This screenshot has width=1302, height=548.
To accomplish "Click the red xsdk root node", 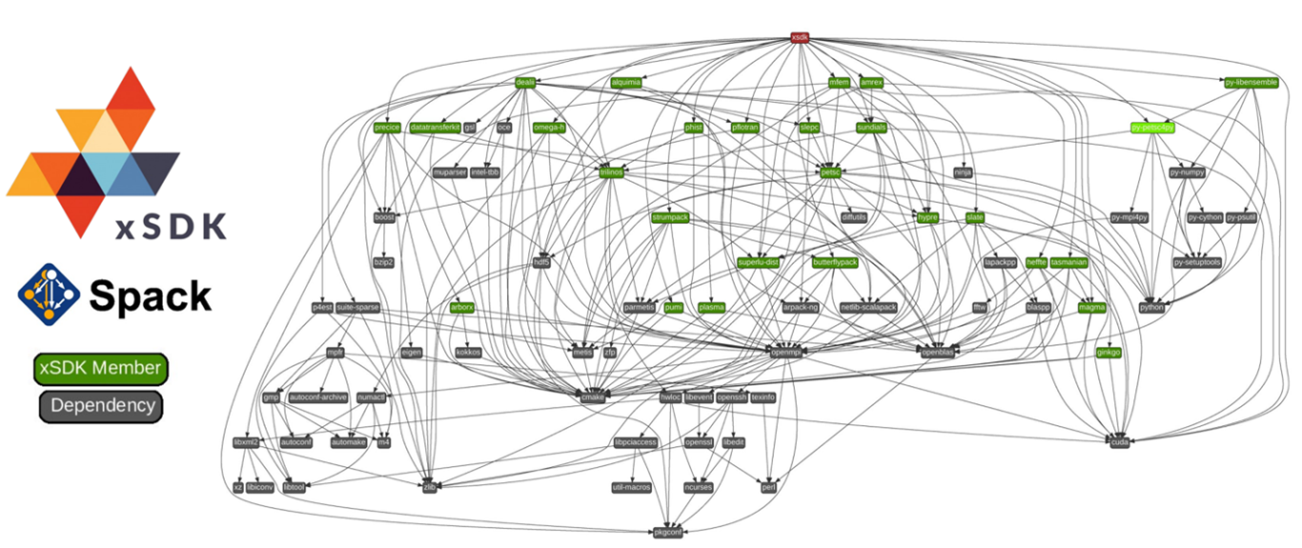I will (x=800, y=37).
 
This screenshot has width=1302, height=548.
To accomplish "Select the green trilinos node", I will (x=611, y=173).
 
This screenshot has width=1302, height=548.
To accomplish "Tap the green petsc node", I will (x=829, y=173).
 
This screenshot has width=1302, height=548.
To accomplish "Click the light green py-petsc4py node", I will (x=1152, y=127).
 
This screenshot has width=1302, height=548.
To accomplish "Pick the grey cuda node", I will (x=1120, y=442).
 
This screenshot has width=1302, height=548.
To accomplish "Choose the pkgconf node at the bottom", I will (x=667, y=531).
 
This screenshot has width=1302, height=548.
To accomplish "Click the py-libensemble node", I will (x=1251, y=83).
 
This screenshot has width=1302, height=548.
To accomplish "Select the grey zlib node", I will (x=429, y=487).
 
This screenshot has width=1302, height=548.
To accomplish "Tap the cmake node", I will (x=592, y=396).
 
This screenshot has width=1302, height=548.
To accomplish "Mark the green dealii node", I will (x=525, y=83).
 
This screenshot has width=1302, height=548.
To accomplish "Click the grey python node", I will (x=1152, y=307).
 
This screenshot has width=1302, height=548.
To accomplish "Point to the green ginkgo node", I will (x=1108, y=352).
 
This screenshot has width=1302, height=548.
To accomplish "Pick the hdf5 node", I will (x=541, y=262).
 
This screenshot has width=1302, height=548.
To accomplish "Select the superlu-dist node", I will (x=759, y=262).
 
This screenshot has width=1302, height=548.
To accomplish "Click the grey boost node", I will (x=384, y=217).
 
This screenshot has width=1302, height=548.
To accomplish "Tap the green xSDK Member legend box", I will (x=100, y=369).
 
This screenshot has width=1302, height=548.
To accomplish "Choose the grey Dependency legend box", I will (x=100, y=406).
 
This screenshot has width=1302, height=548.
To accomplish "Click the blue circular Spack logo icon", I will (x=48, y=292).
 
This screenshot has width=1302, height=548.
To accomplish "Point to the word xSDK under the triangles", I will (x=172, y=226).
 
